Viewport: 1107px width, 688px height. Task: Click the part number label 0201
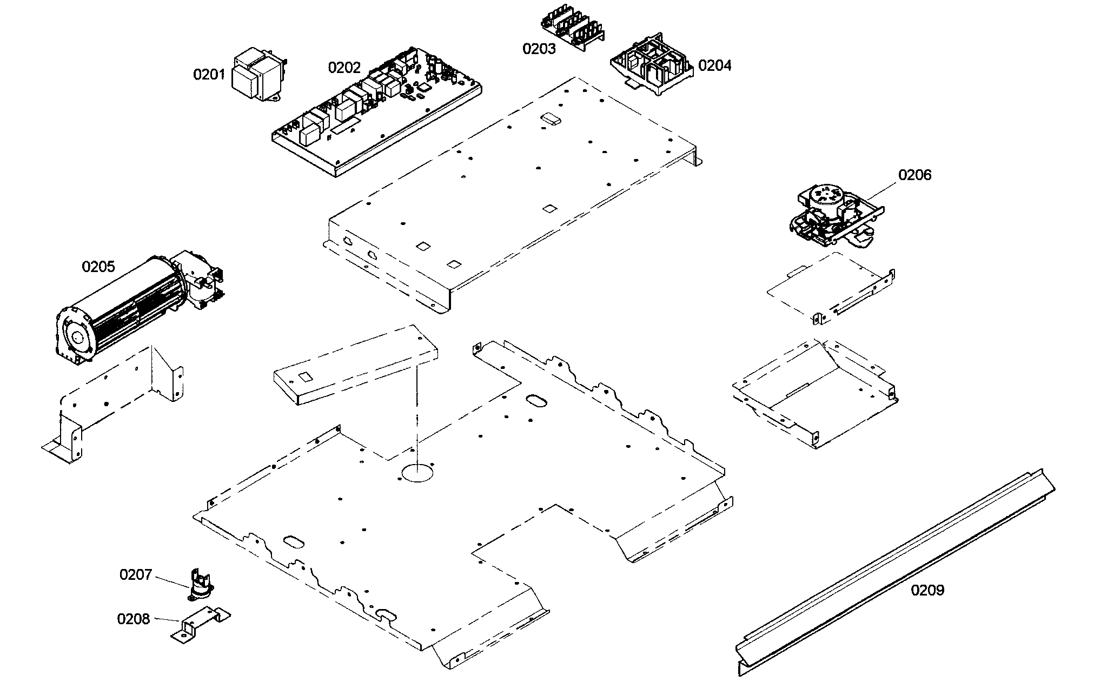(209, 75)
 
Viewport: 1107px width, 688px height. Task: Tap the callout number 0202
(344, 68)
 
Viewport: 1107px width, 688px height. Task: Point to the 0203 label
(539, 49)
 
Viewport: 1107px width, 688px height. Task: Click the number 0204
(714, 66)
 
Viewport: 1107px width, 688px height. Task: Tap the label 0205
(98, 267)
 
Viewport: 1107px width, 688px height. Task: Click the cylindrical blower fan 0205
(119, 314)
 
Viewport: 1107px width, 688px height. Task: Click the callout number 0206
(915, 175)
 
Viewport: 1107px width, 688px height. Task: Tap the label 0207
(136, 575)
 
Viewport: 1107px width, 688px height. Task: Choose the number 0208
(133, 619)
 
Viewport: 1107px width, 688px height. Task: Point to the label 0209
(927, 590)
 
